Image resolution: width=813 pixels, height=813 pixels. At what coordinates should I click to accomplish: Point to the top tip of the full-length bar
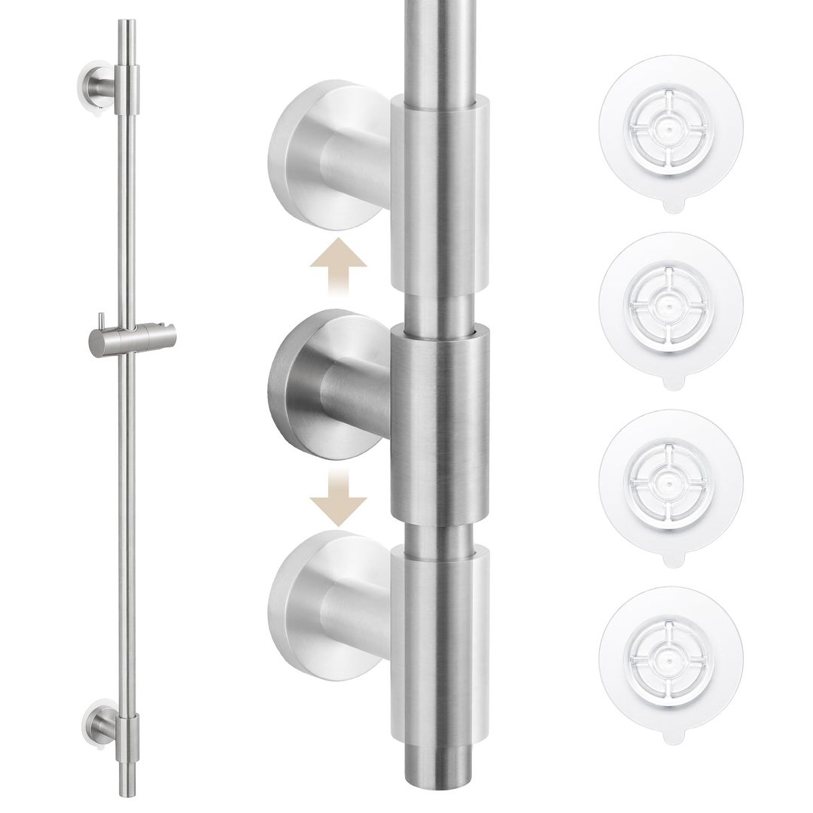(x=126, y=24)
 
